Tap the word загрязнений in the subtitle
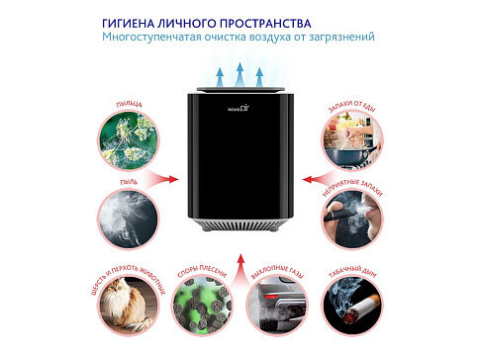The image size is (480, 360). pyautogui.click(x=343, y=37)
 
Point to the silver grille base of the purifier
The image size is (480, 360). pyautogui.click(x=240, y=225)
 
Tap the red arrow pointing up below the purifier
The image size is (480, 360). pyautogui.click(x=240, y=259)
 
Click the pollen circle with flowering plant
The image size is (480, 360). pyautogui.click(x=129, y=138)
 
